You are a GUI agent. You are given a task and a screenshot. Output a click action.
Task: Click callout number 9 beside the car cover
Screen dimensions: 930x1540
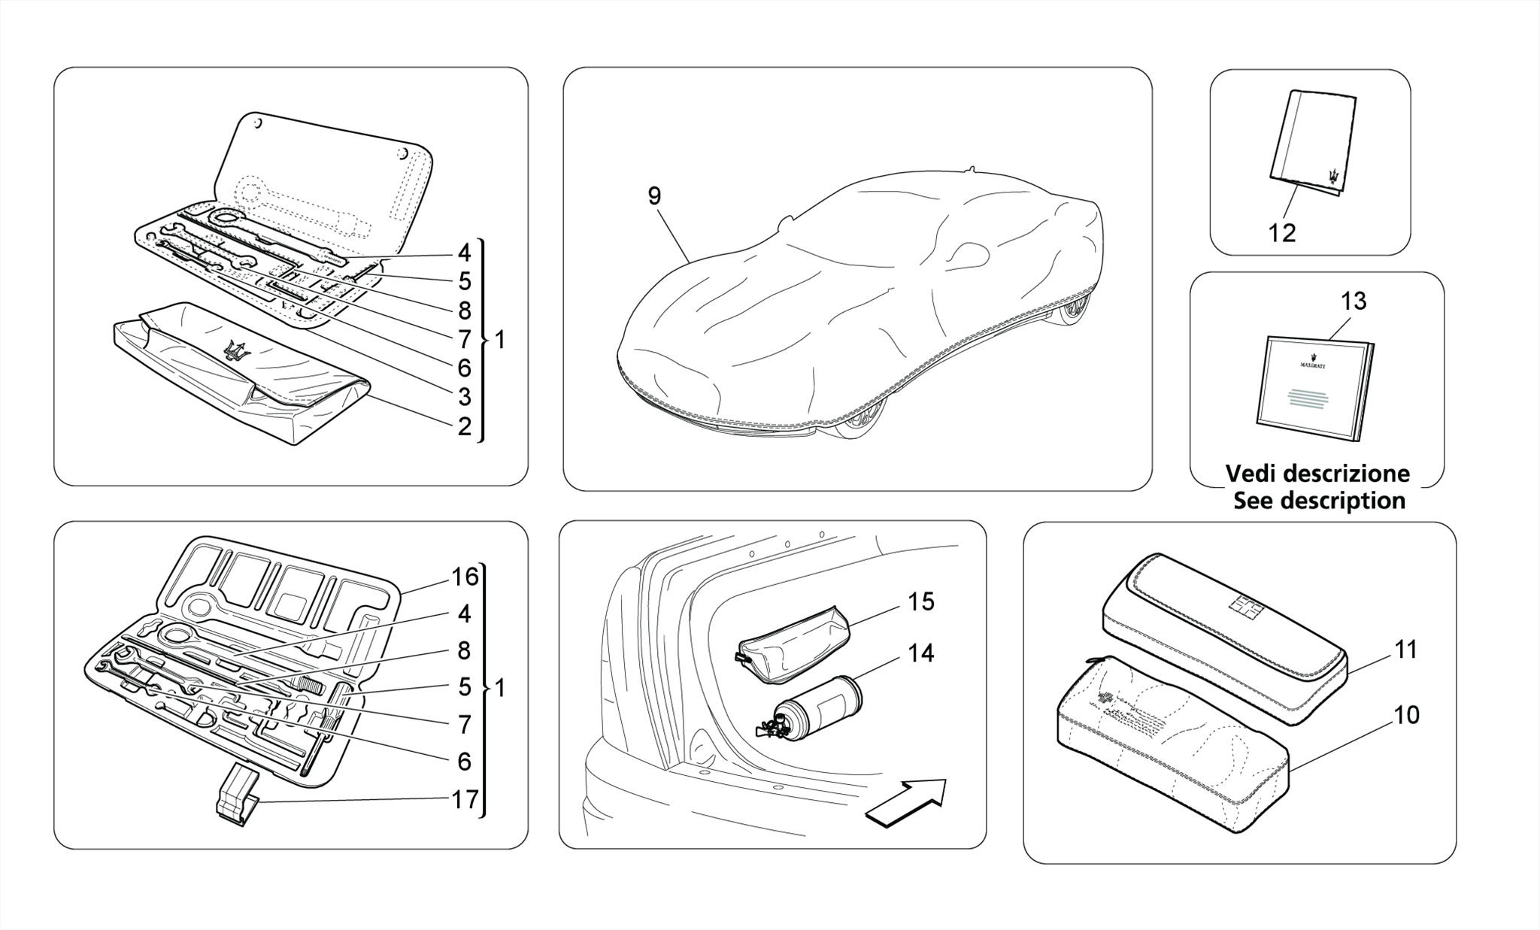(654, 196)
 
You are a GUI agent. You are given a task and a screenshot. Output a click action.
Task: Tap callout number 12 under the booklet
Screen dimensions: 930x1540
(1282, 233)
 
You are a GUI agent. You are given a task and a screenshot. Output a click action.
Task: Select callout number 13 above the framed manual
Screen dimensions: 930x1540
(1353, 301)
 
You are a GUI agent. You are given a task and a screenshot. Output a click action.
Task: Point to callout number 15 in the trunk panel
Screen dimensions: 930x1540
(920, 601)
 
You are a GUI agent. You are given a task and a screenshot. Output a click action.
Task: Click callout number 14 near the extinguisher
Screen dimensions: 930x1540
(920, 653)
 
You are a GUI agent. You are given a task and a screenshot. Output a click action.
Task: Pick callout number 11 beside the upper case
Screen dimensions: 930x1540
(1405, 650)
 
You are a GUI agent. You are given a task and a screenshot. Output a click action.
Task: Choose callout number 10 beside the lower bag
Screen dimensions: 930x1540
(1406, 714)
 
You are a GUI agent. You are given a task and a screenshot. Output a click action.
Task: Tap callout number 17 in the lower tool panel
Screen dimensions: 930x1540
(465, 799)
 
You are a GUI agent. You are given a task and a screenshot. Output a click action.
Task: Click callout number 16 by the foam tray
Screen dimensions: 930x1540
(465, 577)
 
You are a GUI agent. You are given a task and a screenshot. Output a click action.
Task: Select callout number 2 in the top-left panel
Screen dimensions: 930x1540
(465, 426)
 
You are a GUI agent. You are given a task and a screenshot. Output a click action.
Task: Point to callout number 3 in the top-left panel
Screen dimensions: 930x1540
(465, 396)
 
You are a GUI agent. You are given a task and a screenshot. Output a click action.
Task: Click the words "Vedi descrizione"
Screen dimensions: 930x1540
(1317, 474)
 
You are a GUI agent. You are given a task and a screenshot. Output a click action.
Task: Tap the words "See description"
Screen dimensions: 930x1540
(1319, 501)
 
